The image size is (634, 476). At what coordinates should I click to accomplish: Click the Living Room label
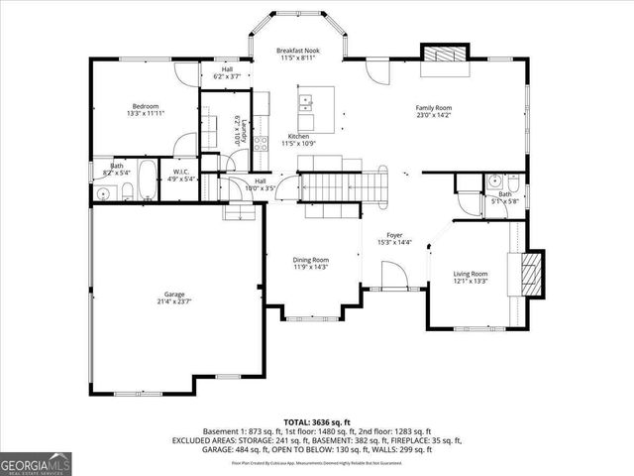coord(471,274)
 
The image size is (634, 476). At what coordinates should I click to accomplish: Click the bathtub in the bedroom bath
coord(145,180)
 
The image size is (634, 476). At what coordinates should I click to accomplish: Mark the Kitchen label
coord(298,136)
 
